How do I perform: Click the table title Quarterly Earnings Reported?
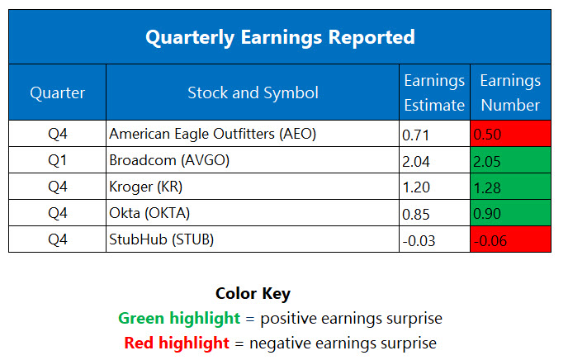pos(280,37)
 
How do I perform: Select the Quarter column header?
pos(57,92)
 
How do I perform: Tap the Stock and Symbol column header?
pos(252,92)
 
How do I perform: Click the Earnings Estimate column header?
pos(434,92)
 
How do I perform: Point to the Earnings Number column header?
pos(510,92)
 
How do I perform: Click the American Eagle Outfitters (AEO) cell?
pos(212,133)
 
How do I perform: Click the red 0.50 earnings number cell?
pos(510,134)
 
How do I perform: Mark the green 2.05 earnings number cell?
pos(510,160)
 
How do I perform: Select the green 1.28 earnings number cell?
pos(510,187)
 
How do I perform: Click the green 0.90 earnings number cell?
pos(510,213)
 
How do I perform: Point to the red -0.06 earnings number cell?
pos(510,239)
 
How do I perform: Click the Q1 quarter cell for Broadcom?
pos(57,160)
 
